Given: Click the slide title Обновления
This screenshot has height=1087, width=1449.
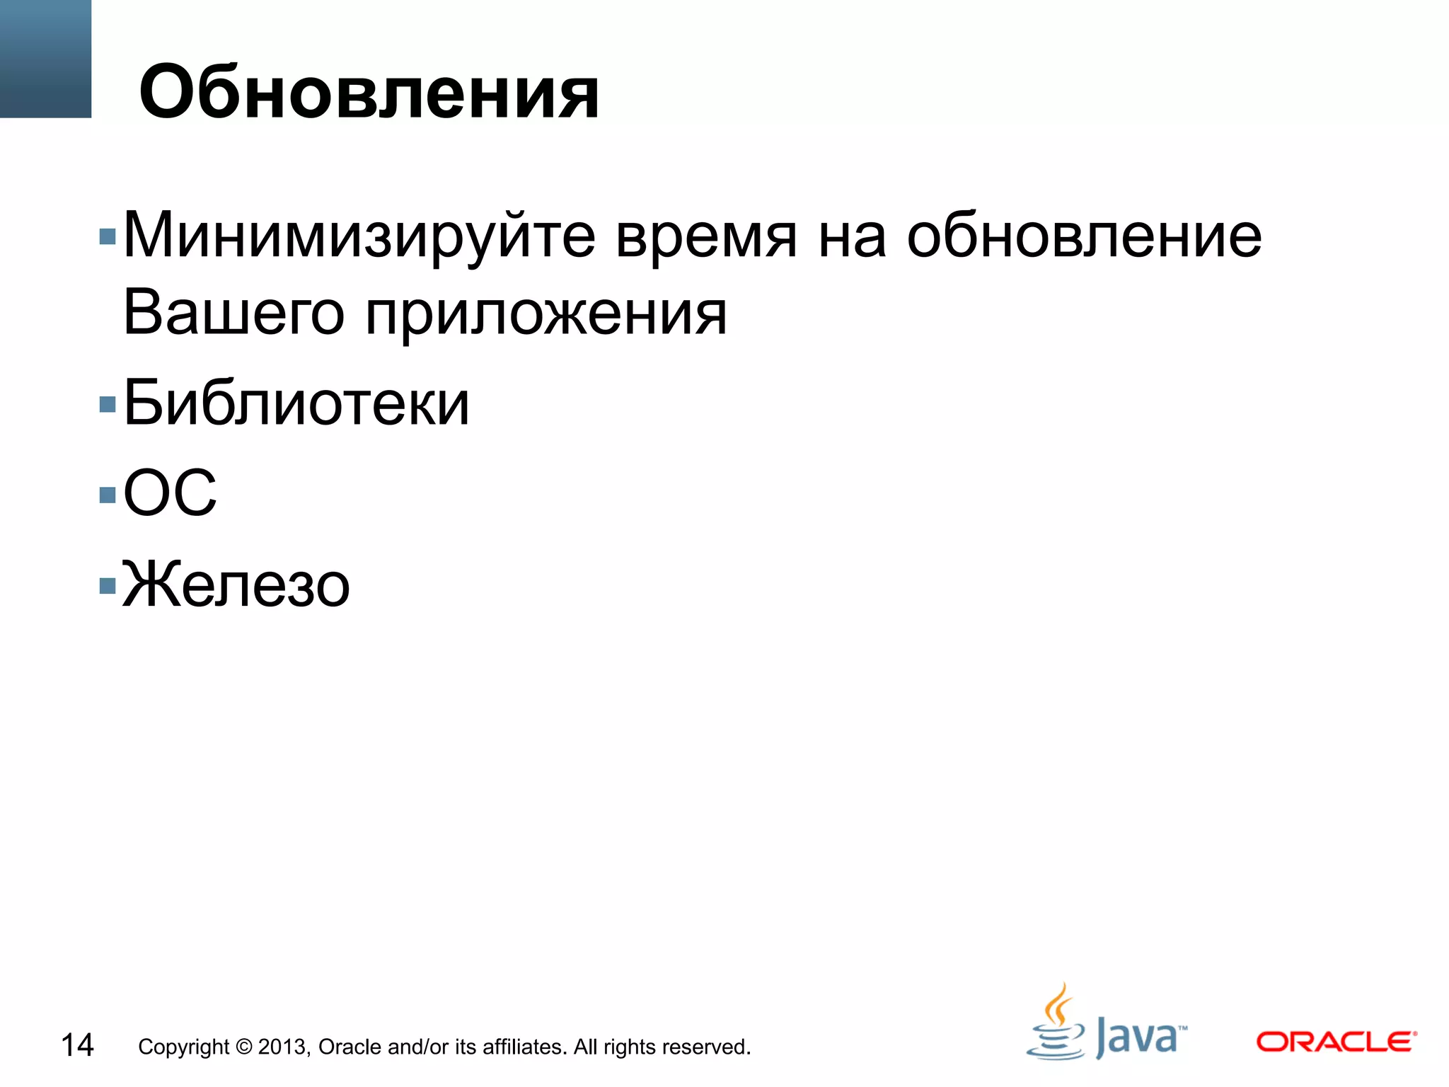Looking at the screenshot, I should tap(369, 92).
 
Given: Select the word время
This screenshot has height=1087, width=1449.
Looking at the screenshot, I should tap(705, 237).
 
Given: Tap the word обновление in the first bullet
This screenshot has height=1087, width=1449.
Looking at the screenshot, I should tap(1084, 236).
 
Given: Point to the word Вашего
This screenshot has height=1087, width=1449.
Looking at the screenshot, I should tap(233, 314).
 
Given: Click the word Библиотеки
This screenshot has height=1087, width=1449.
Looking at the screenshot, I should tap(296, 403).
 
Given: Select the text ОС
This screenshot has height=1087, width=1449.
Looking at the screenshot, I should tap(170, 493).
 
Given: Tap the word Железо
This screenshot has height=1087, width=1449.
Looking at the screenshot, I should tap(236, 585).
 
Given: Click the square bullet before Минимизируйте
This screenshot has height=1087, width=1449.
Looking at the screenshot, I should tap(108, 236).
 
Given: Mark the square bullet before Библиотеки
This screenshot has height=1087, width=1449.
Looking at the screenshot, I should tap(108, 404).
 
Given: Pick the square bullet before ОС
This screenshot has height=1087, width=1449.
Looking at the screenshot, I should tap(108, 494).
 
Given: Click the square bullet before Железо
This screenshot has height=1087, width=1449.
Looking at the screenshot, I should tap(108, 585).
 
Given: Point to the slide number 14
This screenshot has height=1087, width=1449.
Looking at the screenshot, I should tap(77, 1045).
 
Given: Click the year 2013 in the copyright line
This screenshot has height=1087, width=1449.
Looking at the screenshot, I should tap(283, 1047).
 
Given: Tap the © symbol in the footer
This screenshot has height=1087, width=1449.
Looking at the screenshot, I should tap(243, 1047).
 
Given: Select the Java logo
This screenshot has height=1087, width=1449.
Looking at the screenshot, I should tap(1106, 1025).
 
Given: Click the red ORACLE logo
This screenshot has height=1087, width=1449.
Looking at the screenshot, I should tap(1336, 1042).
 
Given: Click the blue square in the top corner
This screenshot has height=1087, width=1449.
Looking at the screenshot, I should tap(45, 59).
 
